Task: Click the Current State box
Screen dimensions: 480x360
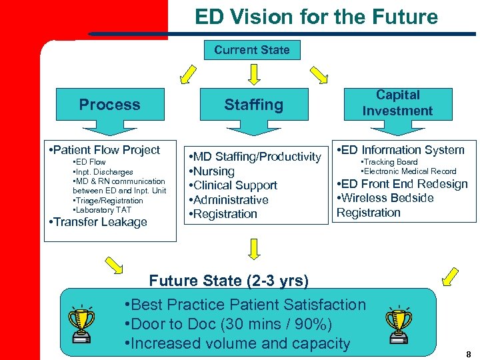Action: (252, 50)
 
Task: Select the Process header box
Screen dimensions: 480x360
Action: (110, 105)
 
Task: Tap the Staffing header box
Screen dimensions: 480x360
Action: (253, 105)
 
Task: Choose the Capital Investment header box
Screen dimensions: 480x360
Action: (397, 103)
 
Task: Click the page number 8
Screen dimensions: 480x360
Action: (469, 355)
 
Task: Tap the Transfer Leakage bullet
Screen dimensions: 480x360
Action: (100, 222)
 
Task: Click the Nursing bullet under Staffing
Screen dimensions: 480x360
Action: (214, 171)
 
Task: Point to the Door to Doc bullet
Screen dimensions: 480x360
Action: (229, 325)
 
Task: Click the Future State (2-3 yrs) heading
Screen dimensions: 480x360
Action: (229, 281)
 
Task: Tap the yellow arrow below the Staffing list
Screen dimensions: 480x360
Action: (253, 249)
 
